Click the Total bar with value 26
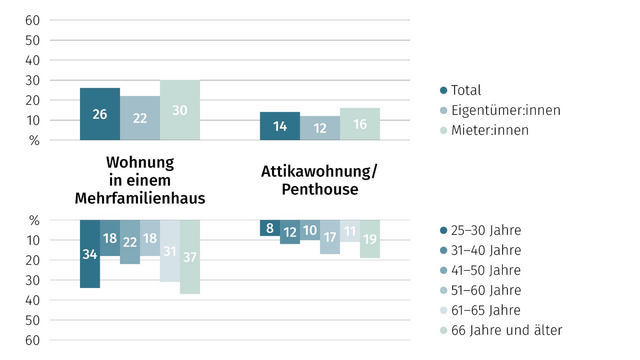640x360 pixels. click(x=100, y=114)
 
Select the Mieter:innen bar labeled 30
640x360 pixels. click(x=180, y=110)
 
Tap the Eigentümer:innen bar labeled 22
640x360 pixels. click(x=140, y=118)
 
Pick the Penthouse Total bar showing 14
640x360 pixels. click(x=280, y=126)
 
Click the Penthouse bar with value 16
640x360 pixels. click(x=360, y=124)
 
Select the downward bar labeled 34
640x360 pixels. click(x=90, y=254)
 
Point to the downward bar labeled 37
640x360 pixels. click(x=190, y=257)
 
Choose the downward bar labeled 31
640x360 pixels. click(x=170, y=251)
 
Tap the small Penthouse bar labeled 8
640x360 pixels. click(x=270, y=228)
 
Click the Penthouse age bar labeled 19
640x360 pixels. click(x=370, y=239)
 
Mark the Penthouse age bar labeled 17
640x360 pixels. click(x=330, y=237)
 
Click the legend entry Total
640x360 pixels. click(x=465, y=90)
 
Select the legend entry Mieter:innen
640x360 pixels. click(x=489, y=130)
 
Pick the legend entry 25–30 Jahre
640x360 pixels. click(x=485, y=230)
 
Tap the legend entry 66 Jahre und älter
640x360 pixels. click(x=506, y=330)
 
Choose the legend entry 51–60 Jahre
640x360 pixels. click(x=485, y=290)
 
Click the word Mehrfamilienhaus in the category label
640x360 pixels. click(x=140, y=198)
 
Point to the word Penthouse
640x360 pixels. click(x=320, y=189)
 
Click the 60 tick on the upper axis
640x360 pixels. click(x=32, y=20)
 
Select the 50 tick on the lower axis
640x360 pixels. click(x=32, y=320)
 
